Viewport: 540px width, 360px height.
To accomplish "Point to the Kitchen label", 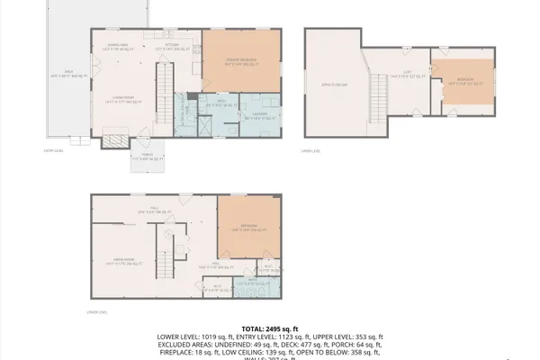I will [172, 46].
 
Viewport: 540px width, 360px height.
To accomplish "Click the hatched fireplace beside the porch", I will [115, 140].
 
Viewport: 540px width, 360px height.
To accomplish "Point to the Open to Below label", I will [333, 87].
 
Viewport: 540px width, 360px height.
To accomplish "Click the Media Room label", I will [123, 261].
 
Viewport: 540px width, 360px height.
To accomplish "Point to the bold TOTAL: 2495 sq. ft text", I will [269, 329].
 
